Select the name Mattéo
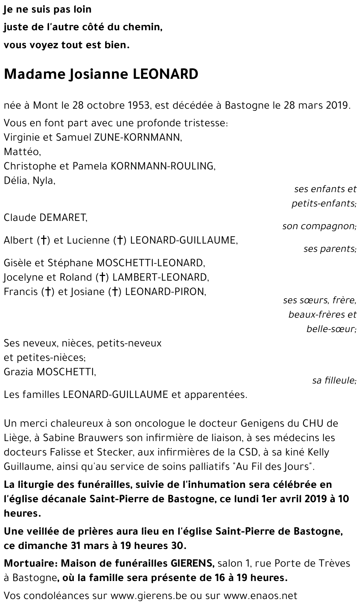pyautogui.click(x=22, y=152)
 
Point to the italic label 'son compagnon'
pyautogui.click(x=319, y=226)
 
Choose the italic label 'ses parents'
pyautogui.click(x=330, y=249)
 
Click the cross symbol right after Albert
pyautogui.click(x=44, y=240)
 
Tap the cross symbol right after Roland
pyautogui.click(x=103, y=277)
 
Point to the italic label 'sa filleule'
pyautogui.click(x=334, y=381)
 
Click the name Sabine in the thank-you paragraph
pyautogui.click(x=57, y=438)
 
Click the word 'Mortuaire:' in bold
pyautogui.click(x=31, y=563)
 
